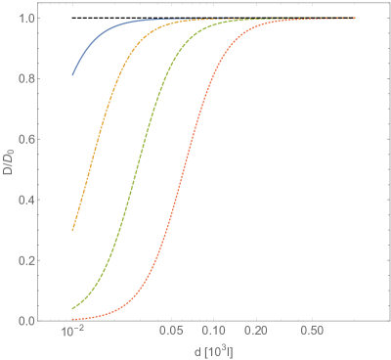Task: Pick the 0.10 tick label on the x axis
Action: [x=216, y=334]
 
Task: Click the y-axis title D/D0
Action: [x=9, y=166]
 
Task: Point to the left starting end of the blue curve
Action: [x=72, y=74]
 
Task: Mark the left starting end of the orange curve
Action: [x=72, y=231]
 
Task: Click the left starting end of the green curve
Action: [x=72, y=309]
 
